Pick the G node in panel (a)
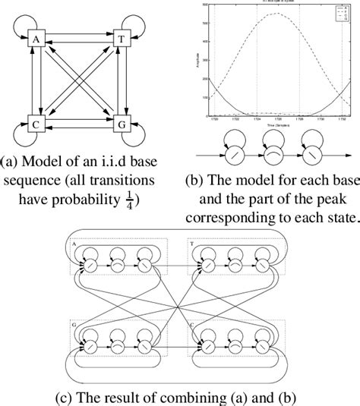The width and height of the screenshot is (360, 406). coord(118,122)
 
